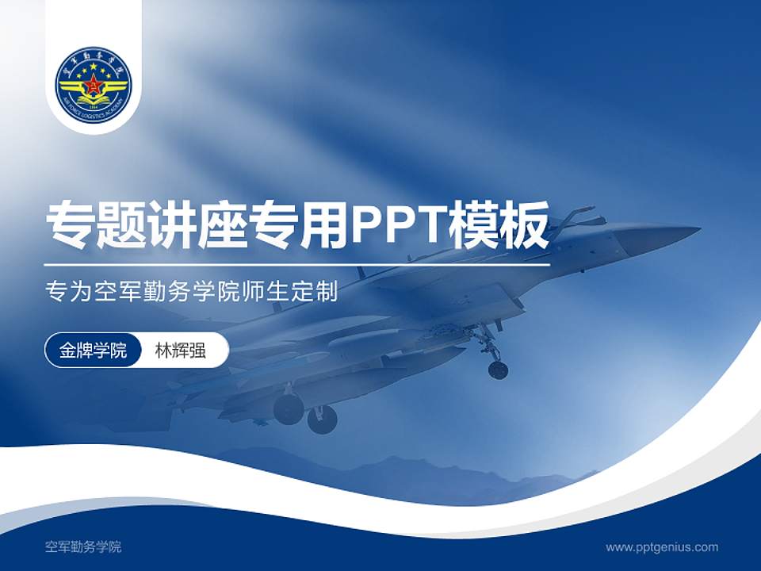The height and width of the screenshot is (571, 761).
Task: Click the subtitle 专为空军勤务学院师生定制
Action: click(x=193, y=292)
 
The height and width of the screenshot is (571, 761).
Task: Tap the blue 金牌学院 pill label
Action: click(x=93, y=351)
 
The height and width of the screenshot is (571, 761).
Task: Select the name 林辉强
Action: click(x=181, y=351)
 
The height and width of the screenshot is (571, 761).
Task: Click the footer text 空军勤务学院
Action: click(x=83, y=547)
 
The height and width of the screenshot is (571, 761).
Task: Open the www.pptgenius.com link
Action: click(x=662, y=547)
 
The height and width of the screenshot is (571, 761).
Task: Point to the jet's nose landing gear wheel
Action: click(x=498, y=370)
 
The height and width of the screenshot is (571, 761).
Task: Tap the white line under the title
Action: click(x=297, y=265)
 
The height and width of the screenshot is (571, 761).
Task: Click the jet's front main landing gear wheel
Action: click(x=322, y=420)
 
